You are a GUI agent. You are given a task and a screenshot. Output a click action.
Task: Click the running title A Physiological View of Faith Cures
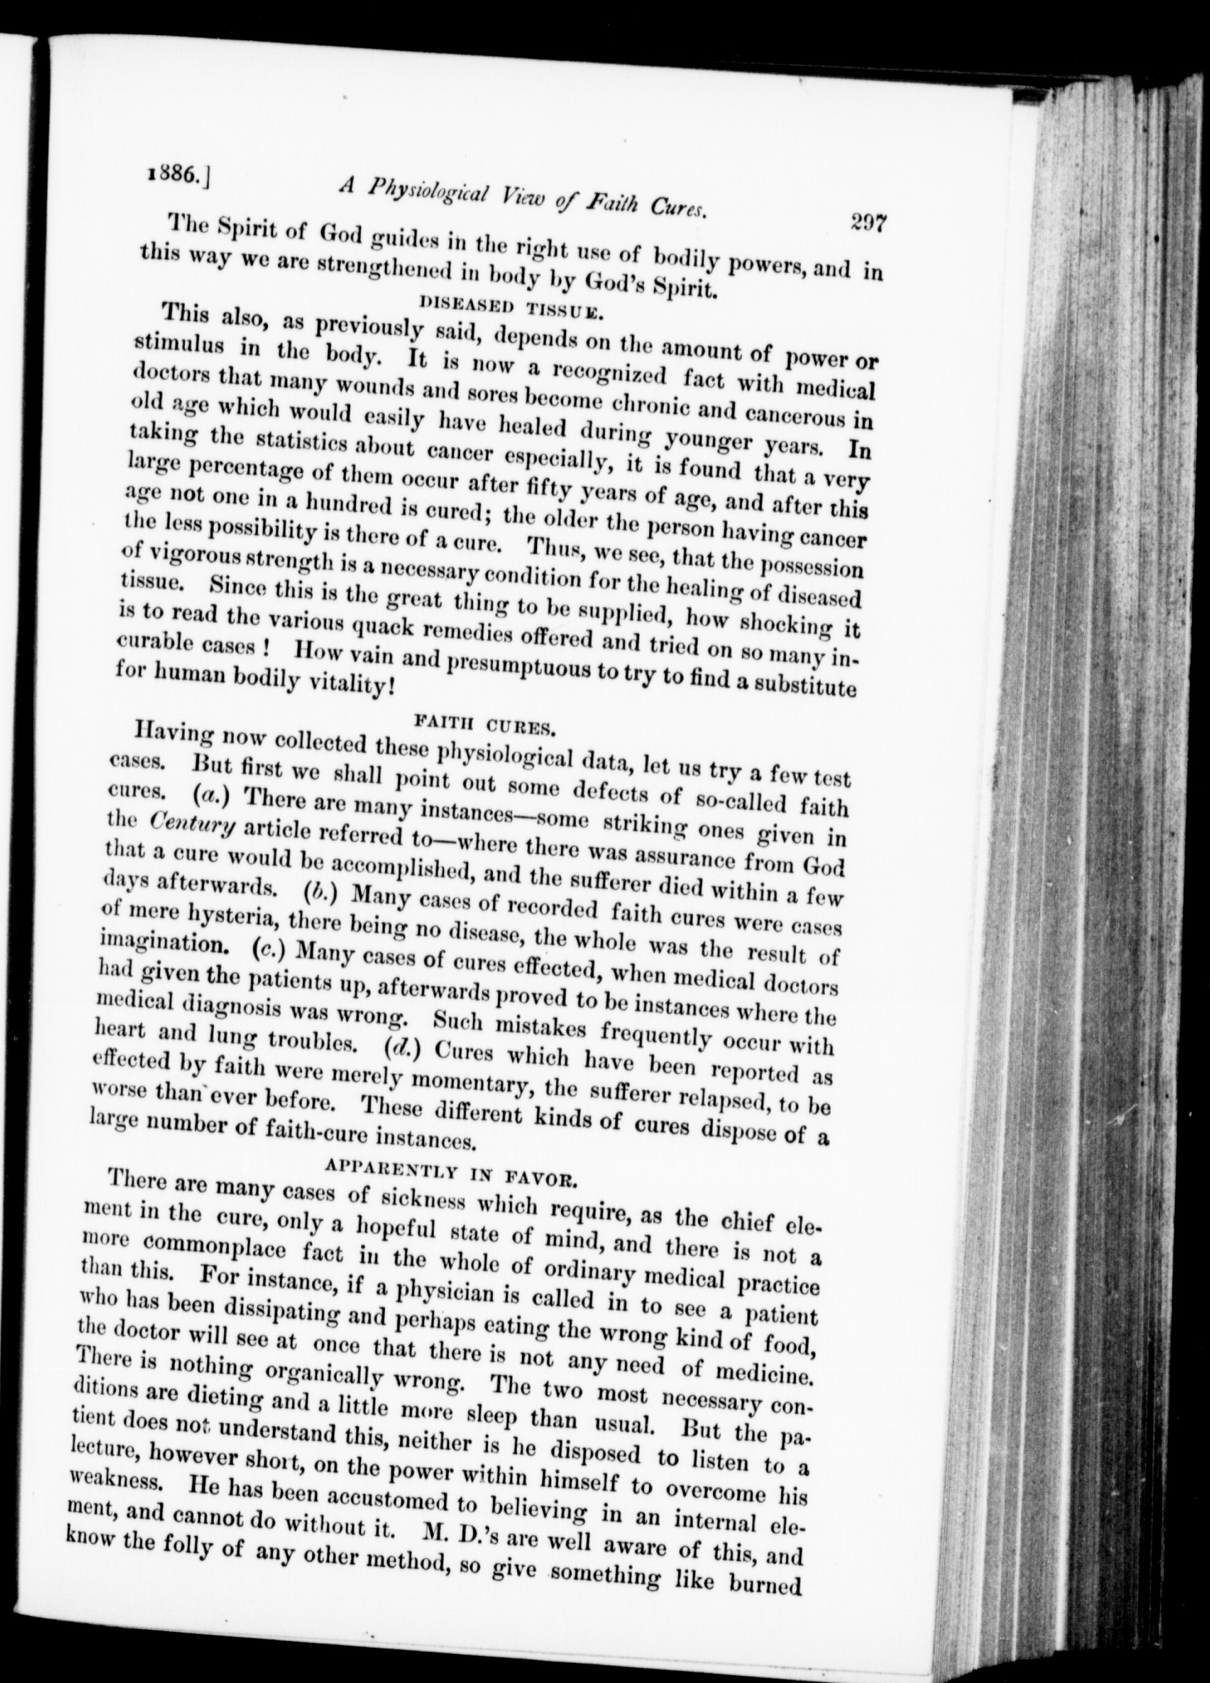(519, 198)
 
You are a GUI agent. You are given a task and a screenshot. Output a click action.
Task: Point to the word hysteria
(231, 923)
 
